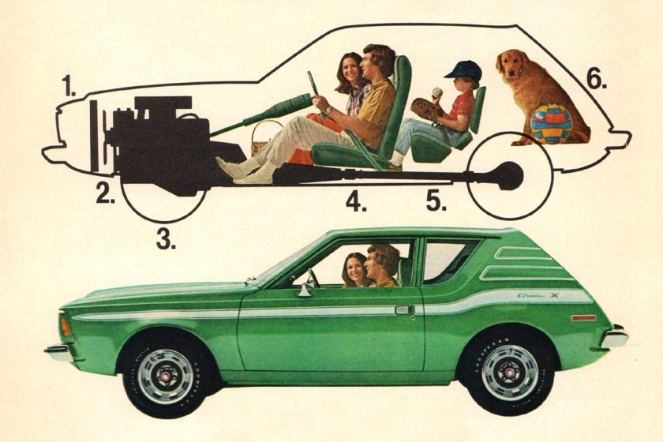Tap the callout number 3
165,238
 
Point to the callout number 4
356,202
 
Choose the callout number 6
597,79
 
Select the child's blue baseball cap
463,70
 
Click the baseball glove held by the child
428,109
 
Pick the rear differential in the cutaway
508,175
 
